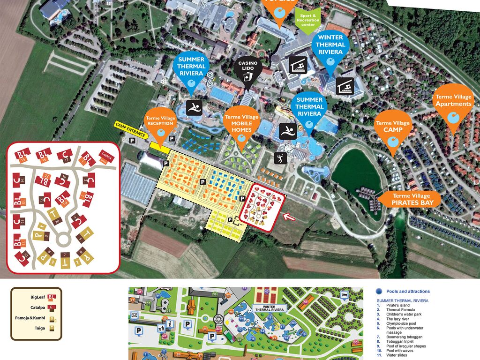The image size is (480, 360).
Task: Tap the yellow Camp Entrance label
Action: pos(131,130)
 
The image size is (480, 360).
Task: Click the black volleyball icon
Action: pos(281,157)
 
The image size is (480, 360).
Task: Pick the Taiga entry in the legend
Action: pos(40,329)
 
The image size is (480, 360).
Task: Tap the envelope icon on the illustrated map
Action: pos(135,315)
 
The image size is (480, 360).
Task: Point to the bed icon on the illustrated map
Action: pos(345,294)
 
